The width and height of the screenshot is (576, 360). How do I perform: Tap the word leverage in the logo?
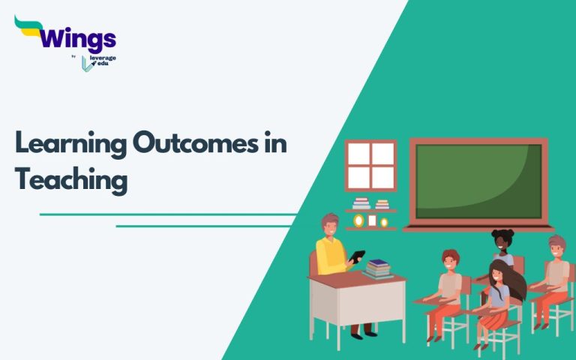[x=104, y=58]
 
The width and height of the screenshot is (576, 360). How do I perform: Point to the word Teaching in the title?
[x=71, y=180]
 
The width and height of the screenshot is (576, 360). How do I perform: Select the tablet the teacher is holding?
[x=358, y=257]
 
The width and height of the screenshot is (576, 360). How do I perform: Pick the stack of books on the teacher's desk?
[x=379, y=268]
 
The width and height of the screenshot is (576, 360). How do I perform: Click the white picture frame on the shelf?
[x=358, y=220]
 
